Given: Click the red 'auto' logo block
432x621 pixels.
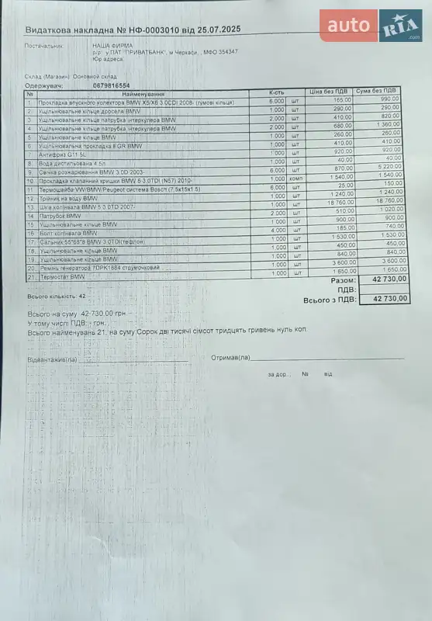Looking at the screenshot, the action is click(x=348, y=26).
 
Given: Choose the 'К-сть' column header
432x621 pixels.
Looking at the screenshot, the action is click(x=277, y=92).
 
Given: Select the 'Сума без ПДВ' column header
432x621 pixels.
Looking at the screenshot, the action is click(x=379, y=92).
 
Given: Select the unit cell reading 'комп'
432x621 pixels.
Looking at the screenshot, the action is click(x=295, y=179).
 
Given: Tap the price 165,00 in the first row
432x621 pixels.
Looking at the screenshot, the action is click(x=342, y=99).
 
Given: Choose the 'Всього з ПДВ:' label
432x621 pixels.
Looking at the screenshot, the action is click(x=330, y=299).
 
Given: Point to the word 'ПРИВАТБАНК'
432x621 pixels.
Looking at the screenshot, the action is click(x=147, y=51).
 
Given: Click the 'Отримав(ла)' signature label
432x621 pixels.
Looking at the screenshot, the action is click(x=230, y=358).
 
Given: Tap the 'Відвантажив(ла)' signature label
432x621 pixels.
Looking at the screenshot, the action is click(x=52, y=360).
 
